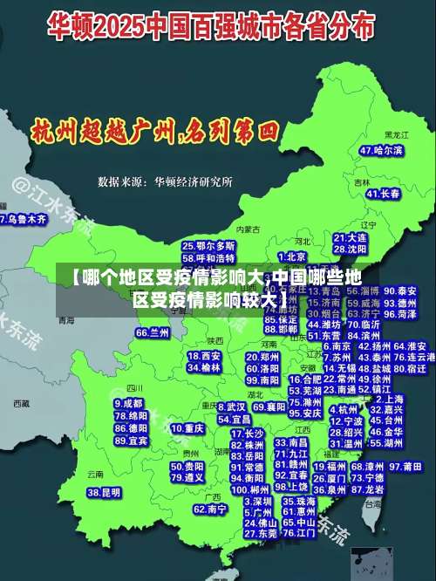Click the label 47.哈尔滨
click(382, 150)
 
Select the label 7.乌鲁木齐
click(24, 220)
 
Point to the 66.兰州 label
click(153, 332)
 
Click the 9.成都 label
click(128, 404)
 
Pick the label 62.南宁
click(210, 509)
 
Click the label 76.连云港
click(414, 357)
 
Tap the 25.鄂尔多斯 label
click(208, 247)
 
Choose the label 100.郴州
click(248, 489)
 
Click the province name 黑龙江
click(397, 135)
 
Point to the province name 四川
click(133, 387)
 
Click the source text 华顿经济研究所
click(193, 181)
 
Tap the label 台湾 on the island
click(373, 503)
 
